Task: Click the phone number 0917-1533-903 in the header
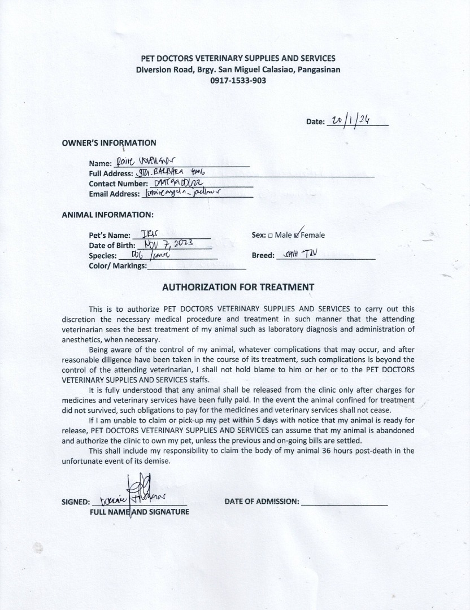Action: click(238, 80)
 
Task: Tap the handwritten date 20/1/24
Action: click(351, 120)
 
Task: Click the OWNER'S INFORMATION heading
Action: click(109, 143)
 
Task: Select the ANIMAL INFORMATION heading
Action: click(107, 215)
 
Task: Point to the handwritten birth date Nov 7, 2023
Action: click(168, 244)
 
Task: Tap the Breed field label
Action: click(263, 255)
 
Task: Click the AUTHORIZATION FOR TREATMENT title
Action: click(238, 287)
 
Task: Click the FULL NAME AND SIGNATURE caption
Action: click(140, 512)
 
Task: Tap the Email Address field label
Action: click(114, 194)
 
